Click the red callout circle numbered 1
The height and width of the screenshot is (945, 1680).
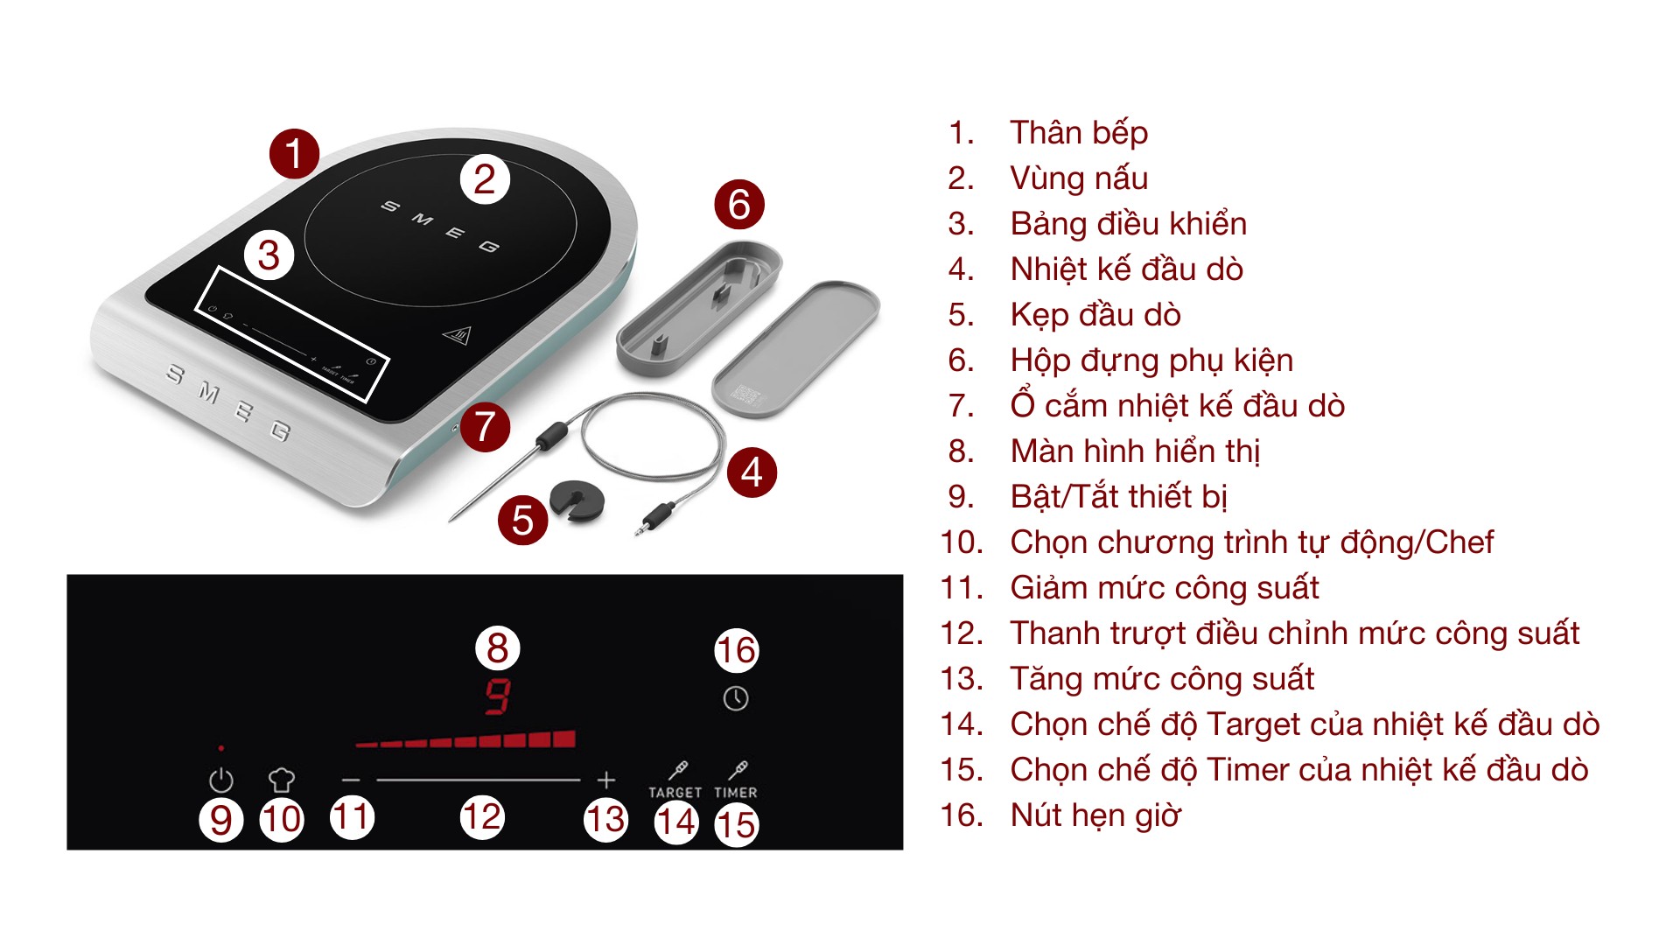coord(294,153)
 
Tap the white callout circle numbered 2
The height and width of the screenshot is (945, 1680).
coord(485,179)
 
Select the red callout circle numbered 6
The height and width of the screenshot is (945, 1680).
coord(739,205)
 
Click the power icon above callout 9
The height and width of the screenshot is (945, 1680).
coord(221,780)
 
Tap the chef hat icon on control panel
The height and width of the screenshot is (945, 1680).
coord(281,779)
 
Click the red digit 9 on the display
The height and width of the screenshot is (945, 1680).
coord(498,697)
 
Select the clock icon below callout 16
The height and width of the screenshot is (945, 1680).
coord(736,698)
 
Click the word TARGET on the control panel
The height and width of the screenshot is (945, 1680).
coord(675,793)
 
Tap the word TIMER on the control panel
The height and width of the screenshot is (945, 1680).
coord(736,793)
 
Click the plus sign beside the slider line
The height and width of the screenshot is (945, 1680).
coord(606,780)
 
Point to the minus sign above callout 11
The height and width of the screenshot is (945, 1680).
coord(351,780)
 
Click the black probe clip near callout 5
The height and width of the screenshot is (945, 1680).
coord(577,501)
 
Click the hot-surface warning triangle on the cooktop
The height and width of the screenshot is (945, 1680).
coord(457,336)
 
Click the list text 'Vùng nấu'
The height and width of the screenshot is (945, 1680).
coord(1078,178)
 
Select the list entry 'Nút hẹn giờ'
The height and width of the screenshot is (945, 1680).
coord(1095,815)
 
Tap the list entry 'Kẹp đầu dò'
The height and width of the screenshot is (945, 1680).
coord(1095,315)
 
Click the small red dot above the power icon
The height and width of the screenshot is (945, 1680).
coord(221,748)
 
